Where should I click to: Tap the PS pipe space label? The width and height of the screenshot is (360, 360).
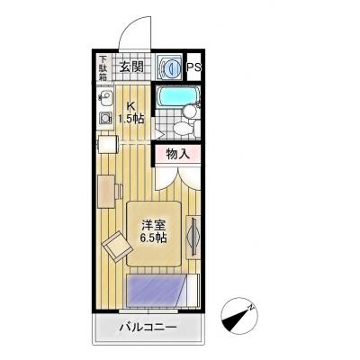pos(194,67)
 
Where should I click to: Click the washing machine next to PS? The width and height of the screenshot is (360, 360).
pos(168,67)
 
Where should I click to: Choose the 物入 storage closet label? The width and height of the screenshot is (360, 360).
pos(176,154)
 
